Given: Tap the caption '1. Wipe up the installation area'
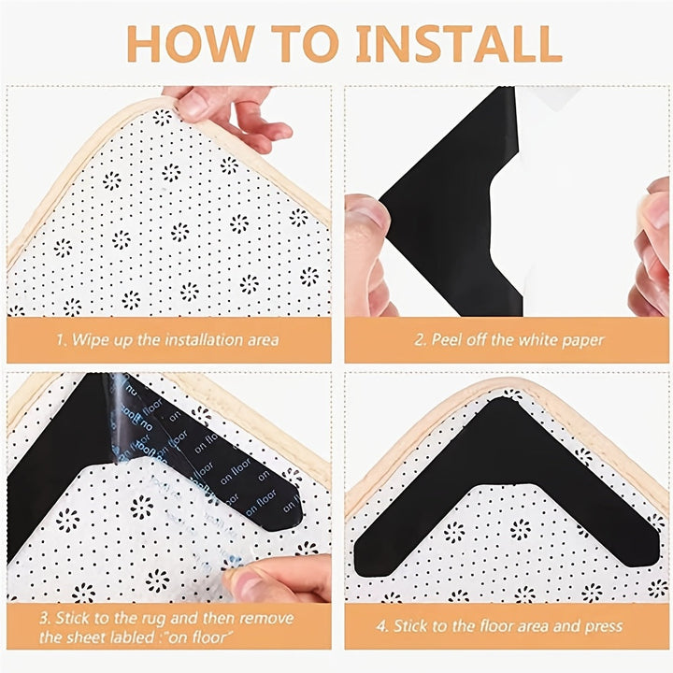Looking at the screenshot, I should pyautogui.click(x=167, y=340).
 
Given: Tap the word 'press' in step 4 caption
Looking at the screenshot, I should pyautogui.click(x=604, y=625).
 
